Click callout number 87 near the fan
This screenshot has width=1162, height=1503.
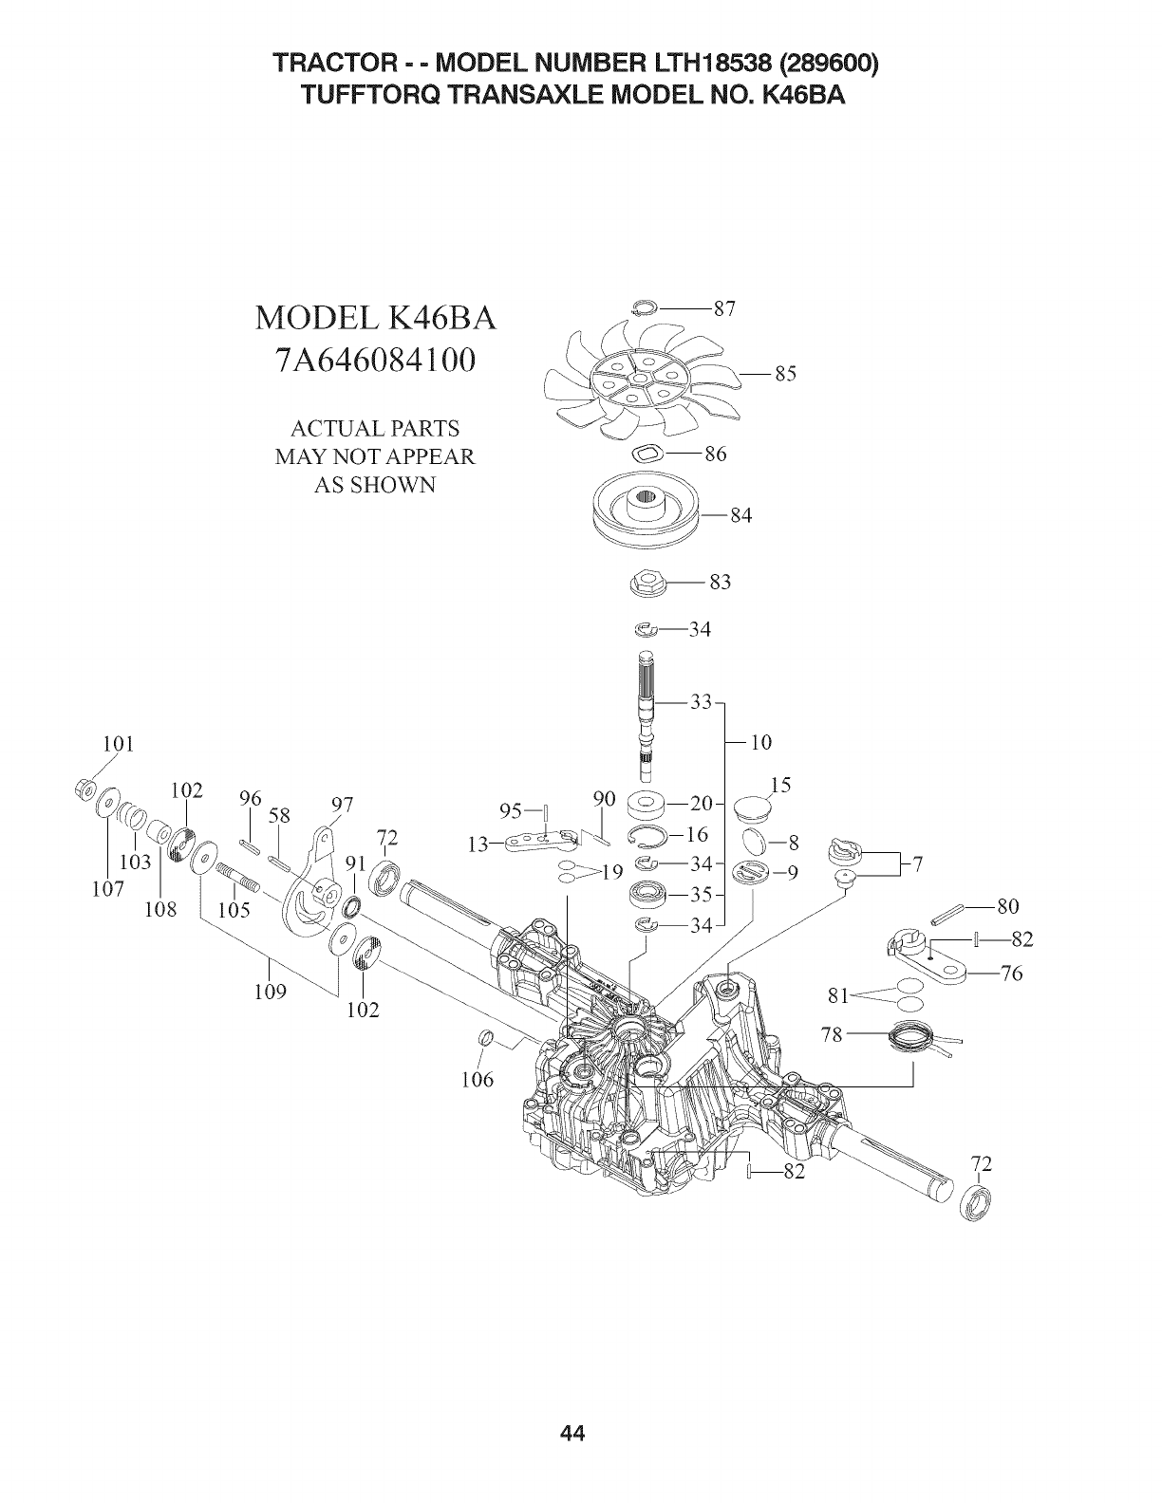coord(725,308)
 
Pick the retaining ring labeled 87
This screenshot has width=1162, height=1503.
coord(646,306)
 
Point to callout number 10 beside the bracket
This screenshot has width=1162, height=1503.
coord(760,742)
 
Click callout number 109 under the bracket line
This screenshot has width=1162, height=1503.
coord(272,993)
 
